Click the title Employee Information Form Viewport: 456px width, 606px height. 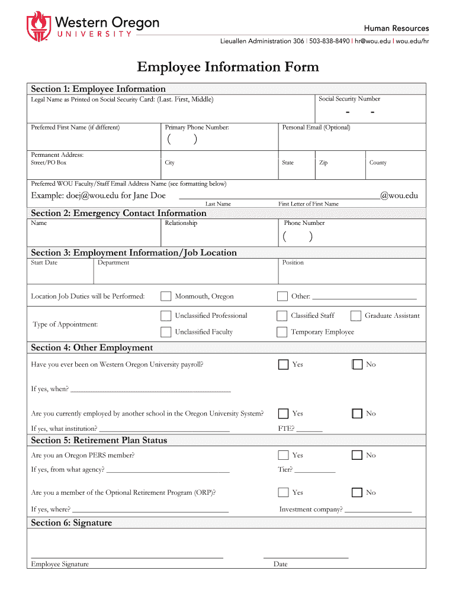228,67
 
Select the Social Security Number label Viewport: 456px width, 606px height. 349,99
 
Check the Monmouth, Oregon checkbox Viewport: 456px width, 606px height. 166,296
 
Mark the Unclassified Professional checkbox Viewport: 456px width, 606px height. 166,316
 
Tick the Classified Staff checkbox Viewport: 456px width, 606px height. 282,316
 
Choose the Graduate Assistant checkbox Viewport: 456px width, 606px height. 356,316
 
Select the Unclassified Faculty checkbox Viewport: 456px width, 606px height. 166,332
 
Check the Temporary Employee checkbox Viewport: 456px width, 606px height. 282,332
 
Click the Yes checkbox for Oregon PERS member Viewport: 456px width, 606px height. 283,455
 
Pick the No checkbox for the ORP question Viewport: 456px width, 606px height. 357,492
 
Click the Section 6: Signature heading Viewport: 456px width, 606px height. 71,523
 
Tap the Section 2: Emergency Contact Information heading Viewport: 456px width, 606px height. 118,213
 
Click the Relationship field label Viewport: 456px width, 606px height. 181,223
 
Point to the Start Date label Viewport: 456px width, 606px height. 44,263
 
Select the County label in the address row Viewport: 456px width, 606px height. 377,163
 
